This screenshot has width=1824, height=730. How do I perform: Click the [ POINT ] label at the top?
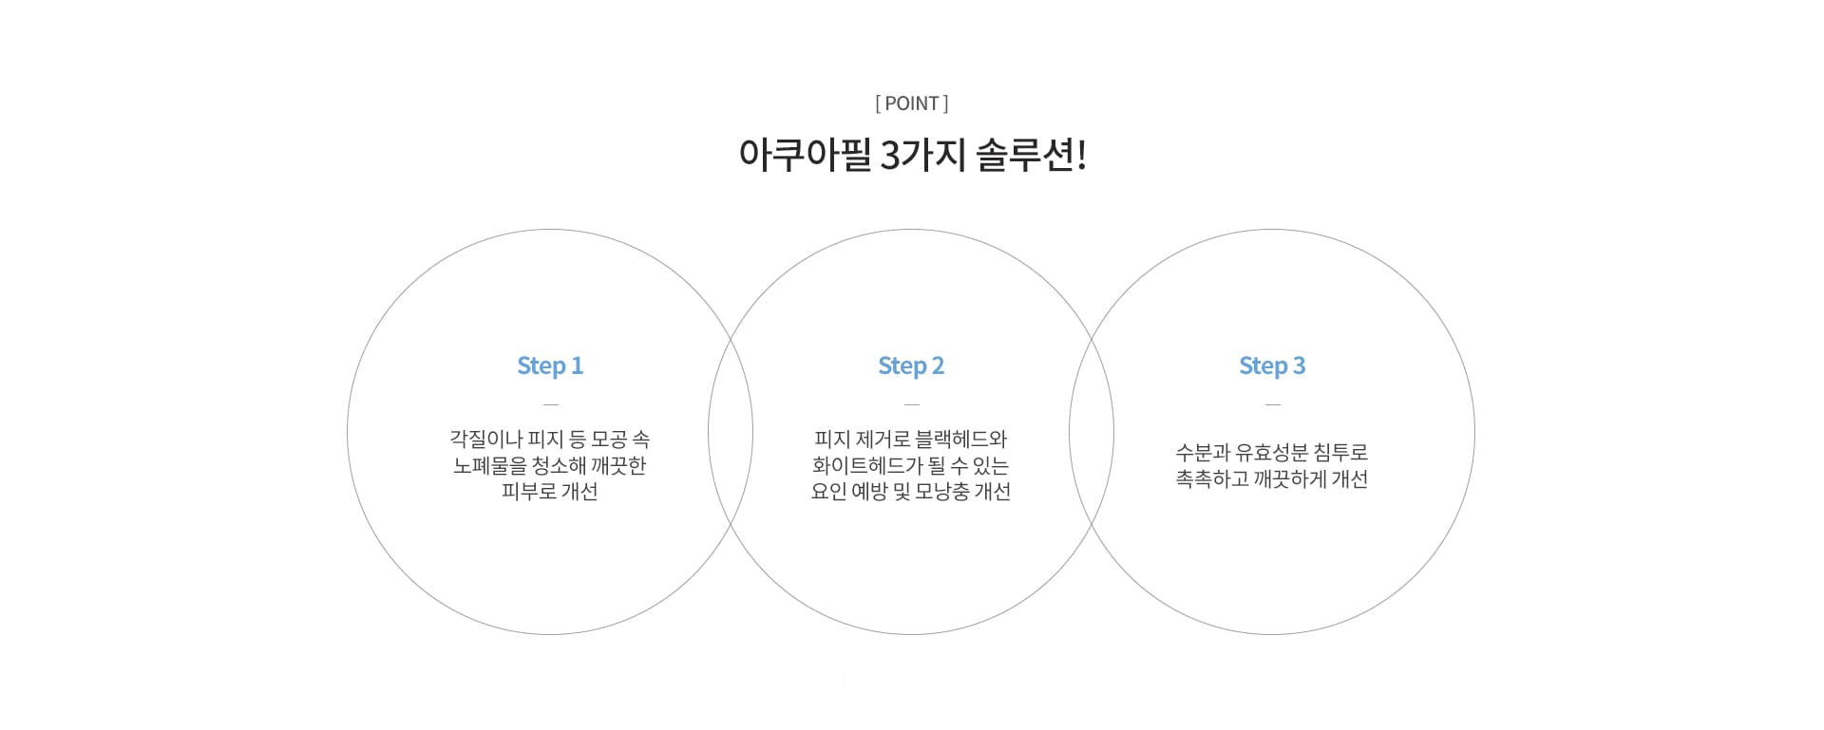tap(912, 103)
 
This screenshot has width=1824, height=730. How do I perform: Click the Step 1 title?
tap(550, 366)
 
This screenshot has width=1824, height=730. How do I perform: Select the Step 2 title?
tap(911, 366)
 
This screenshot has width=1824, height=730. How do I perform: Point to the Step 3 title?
tap(1272, 366)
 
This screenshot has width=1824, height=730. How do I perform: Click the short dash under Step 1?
tap(551, 404)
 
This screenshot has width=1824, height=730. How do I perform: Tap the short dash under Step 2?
tap(912, 404)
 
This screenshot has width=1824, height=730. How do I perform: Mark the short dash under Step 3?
tap(1273, 404)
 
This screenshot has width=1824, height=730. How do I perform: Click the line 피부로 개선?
tap(550, 492)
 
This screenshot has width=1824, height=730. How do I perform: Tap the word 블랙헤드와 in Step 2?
tap(960, 440)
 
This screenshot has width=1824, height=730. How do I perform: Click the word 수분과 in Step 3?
tap(1203, 453)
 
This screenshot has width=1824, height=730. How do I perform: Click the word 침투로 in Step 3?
tap(1341, 453)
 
